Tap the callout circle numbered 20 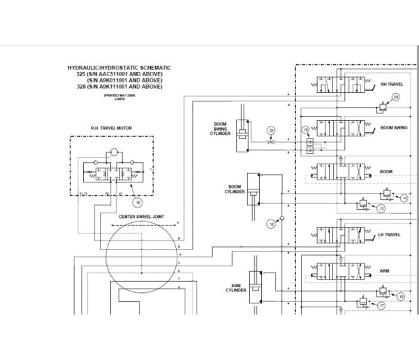pos(272,129)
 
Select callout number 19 pos(304,130)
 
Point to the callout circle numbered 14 pos(404,199)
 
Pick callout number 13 pos(381,208)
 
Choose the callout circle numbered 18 pos(400,296)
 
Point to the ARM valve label pos(385,269)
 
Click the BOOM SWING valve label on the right pos(395,129)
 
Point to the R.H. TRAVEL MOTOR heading pos(112,128)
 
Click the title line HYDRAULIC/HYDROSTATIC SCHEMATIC pos(119,68)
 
